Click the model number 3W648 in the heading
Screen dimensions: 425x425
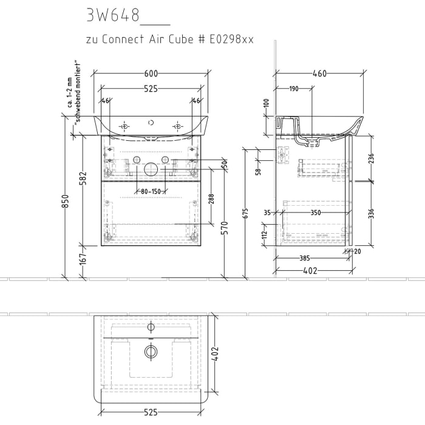(x=113, y=15)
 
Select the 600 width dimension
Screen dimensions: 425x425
(x=151, y=73)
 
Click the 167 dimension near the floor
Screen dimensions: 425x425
(x=84, y=258)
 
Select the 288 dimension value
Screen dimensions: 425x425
(x=211, y=200)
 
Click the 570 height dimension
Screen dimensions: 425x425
(x=225, y=229)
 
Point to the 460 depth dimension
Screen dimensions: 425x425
(x=319, y=73)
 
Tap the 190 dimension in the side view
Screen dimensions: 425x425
(x=294, y=89)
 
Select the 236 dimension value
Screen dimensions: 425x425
(x=372, y=158)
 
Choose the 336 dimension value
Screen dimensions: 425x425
(x=372, y=213)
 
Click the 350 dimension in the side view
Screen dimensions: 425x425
(x=316, y=213)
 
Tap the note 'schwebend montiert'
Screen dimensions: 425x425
(x=77, y=92)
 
